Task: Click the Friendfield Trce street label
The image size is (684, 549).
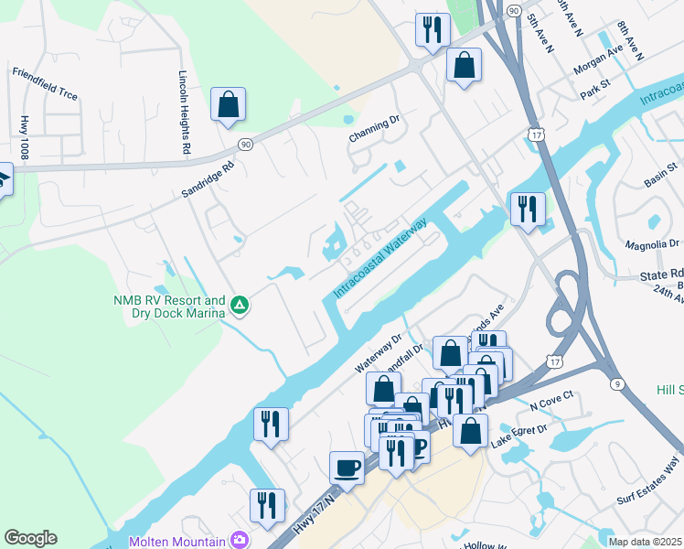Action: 45,82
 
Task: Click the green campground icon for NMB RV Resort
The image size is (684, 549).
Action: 240,306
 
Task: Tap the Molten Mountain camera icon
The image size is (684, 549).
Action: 240,541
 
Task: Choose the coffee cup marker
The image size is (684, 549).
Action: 347,467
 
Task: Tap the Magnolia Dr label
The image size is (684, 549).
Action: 652,244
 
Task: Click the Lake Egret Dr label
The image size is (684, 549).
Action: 518,437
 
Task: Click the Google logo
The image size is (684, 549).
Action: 30,538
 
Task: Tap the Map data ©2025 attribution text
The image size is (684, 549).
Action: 644,542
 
